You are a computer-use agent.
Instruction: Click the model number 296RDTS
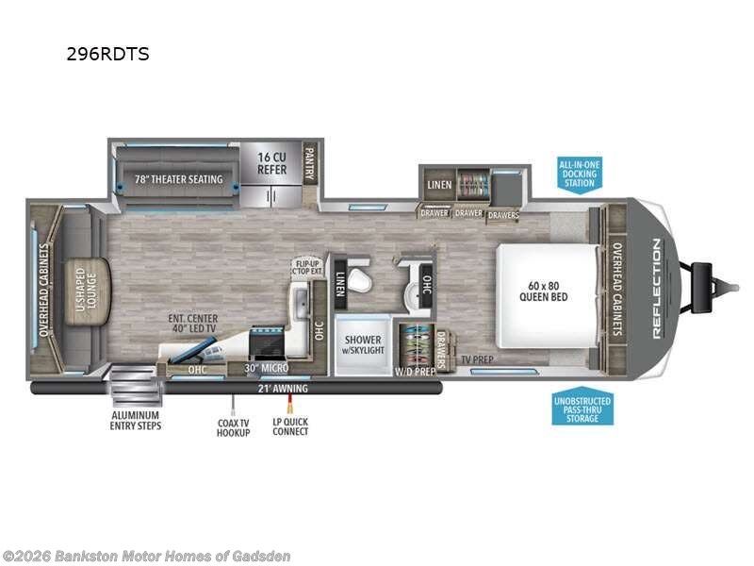[x=107, y=54]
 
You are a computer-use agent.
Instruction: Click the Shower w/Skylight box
[x=362, y=345]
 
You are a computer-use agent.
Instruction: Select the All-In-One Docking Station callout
[x=580, y=173]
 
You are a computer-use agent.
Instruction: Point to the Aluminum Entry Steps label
[x=134, y=421]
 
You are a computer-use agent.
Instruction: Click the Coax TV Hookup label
[x=232, y=426]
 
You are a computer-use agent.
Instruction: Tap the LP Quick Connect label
[x=289, y=426]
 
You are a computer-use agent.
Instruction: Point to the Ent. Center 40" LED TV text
[x=194, y=325]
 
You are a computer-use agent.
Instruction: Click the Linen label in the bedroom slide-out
[x=439, y=183]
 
